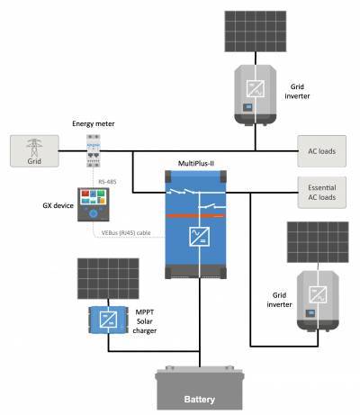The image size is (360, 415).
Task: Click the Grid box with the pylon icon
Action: point(33,150)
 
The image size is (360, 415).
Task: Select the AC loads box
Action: point(321,150)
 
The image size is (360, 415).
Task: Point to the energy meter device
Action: point(94,149)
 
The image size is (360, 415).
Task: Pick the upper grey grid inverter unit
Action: point(256,92)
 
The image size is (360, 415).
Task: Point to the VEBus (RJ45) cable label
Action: point(136,233)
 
